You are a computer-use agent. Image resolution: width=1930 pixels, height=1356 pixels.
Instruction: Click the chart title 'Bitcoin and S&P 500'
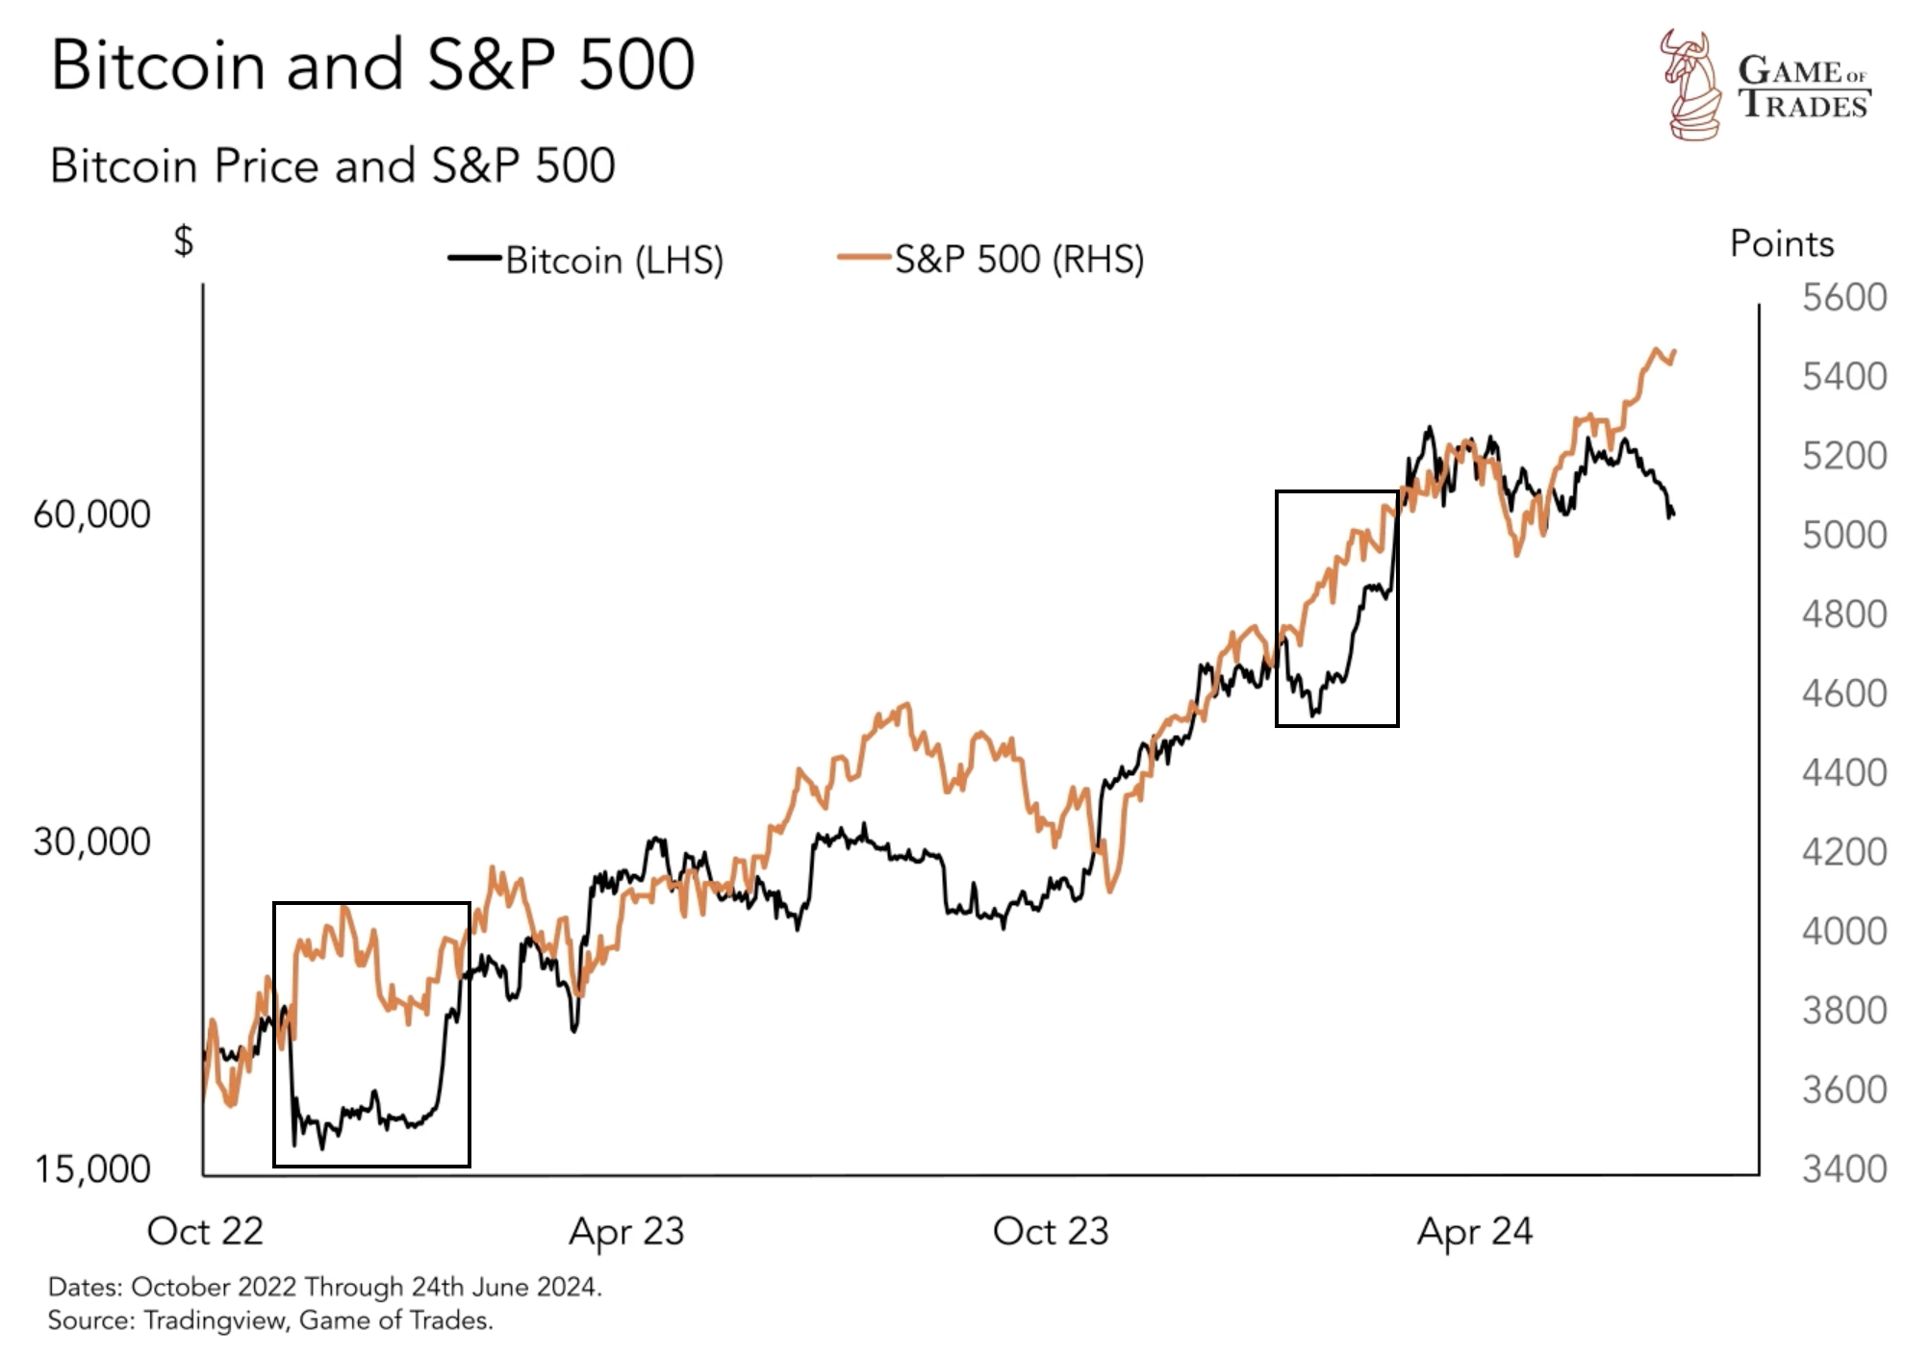[372, 65]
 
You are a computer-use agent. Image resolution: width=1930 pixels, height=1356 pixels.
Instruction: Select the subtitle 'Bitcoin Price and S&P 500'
[332, 166]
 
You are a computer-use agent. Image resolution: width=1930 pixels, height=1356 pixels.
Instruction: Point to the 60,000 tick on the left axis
[92, 515]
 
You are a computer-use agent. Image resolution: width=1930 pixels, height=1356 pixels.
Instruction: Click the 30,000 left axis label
[92, 842]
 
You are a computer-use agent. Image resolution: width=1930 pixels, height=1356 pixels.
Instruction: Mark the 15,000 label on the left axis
[93, 1169]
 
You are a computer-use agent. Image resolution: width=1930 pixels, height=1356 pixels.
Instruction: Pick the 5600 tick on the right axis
[1843, 298]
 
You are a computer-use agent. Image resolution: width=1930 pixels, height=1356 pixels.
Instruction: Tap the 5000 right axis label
[1843, 535]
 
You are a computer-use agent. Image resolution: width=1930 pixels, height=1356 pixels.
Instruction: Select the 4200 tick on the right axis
[1843, 852]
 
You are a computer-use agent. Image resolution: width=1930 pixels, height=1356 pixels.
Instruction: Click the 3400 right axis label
[1843, 1169]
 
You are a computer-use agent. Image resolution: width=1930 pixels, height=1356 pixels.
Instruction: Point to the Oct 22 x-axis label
[205, 1232]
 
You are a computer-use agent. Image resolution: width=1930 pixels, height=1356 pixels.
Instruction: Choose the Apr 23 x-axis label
[626, 1232]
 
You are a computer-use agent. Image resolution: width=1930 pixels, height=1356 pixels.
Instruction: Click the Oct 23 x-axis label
[1051, 1232]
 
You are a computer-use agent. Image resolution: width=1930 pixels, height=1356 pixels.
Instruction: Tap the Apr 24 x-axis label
[1474, 1232]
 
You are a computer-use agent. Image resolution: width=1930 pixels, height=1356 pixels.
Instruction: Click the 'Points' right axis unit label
[1781, 244]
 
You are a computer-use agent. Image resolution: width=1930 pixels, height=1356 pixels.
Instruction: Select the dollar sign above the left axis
[183, 240]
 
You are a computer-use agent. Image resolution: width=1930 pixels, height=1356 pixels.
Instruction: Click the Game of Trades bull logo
[1689, 85]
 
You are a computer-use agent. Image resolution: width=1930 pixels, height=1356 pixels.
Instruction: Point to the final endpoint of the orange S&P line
[1675, 352]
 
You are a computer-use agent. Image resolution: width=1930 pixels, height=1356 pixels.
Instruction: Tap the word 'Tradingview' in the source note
[215, 1321]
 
